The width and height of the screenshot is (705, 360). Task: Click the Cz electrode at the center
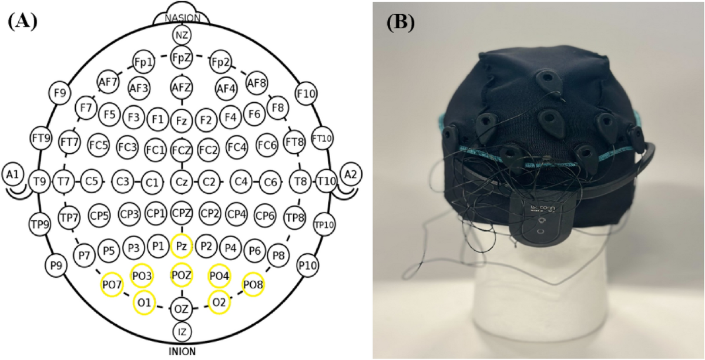[182, 181]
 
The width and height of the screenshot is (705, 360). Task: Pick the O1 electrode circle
[143, 302]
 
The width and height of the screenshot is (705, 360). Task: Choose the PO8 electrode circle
[254, 284]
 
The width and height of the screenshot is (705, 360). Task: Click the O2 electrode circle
[219, 302]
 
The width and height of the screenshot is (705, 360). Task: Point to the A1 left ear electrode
[12, 174]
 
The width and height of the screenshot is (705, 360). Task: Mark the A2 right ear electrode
[350, 174]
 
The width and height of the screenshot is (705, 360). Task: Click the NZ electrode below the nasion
[182, 36]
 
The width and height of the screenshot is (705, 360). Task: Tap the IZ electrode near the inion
[182, 332]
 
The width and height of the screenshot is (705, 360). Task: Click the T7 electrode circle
[63, 181]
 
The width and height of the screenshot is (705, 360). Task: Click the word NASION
[182, 18]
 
